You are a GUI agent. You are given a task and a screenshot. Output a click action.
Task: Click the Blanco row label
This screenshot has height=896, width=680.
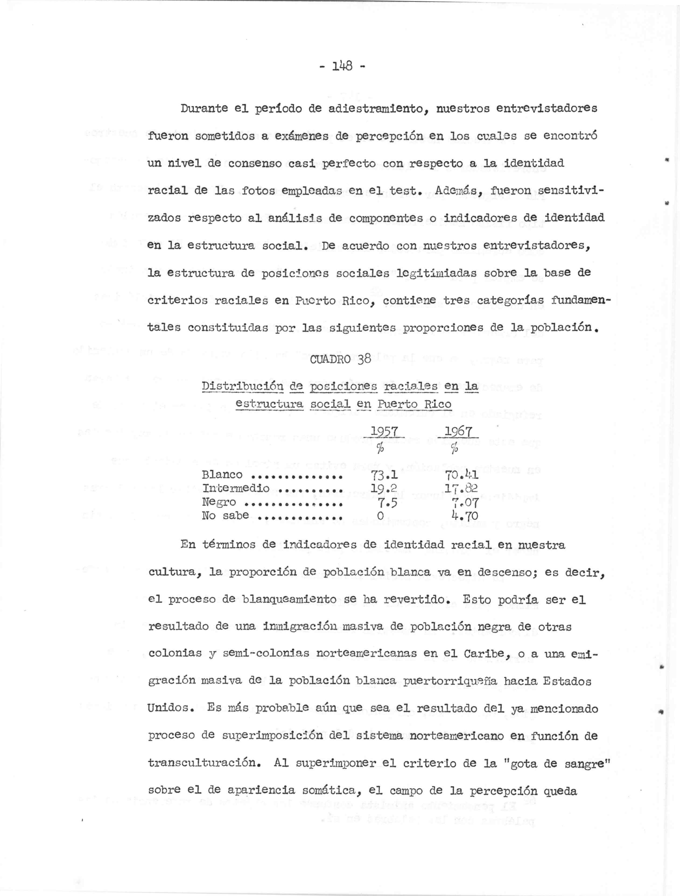click(x=222, y=475)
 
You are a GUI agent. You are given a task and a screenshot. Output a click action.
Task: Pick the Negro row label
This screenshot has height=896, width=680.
click(x=219, y=502)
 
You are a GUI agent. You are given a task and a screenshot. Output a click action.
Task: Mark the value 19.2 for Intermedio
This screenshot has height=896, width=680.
click(x=384, y=489)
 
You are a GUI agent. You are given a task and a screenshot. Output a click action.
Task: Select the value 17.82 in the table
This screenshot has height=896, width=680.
click(x=461, y=489)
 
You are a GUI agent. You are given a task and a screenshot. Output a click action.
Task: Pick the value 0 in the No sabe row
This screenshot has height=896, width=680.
click(x=380, y=516)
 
